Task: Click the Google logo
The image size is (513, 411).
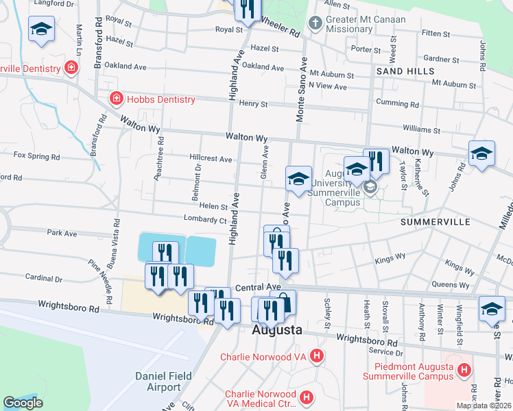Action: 23,403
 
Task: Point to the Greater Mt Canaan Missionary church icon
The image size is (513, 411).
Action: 315,24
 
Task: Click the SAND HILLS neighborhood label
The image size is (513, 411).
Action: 404,71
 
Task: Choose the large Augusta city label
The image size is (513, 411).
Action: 277,330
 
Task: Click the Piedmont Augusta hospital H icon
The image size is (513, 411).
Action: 464,371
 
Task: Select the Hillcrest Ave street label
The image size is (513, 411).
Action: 211,158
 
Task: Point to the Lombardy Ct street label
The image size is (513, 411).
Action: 204,219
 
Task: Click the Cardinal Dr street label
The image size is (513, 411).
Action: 44,279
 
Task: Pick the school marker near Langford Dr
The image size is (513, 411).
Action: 41,29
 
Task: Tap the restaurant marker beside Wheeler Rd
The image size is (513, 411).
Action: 246,8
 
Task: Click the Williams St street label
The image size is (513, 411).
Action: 421,129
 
